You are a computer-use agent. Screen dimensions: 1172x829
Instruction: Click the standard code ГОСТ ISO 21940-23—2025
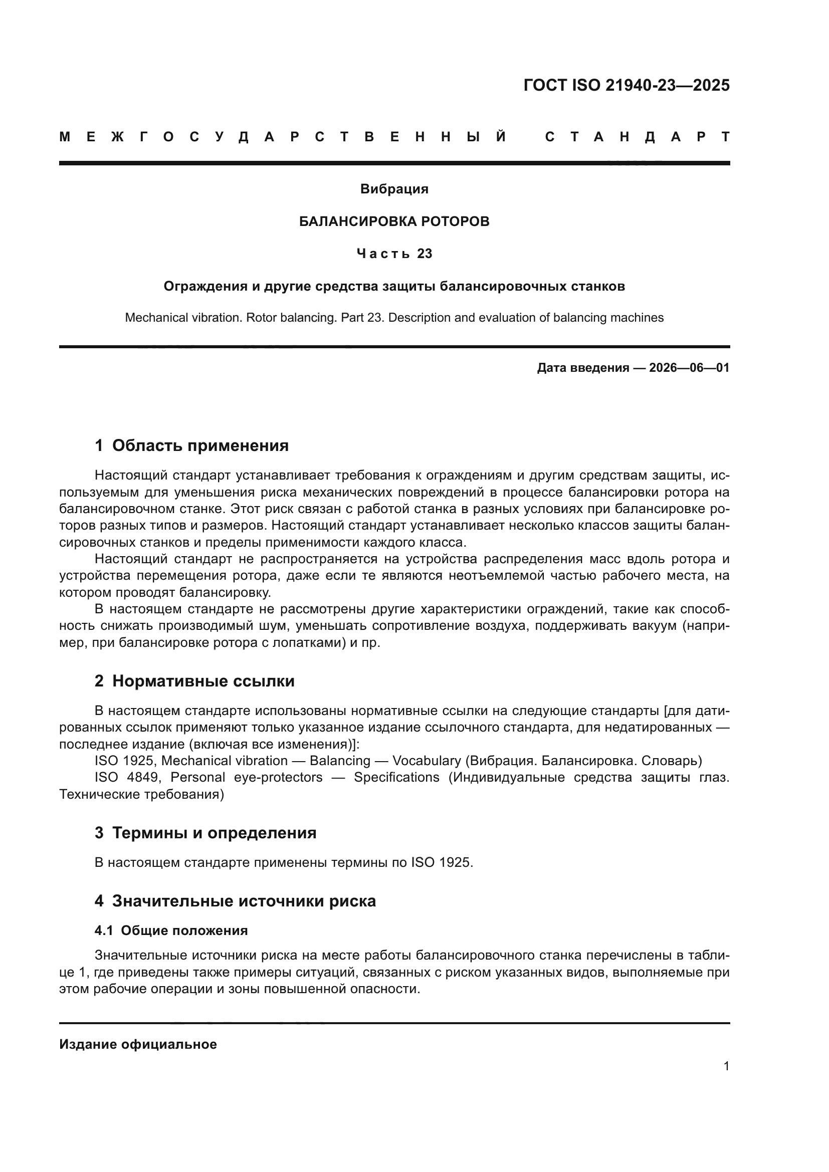pyautogui.click(x=627, y=85)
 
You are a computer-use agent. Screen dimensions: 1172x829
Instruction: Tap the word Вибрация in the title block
pyautogui.click(x=394, y=189)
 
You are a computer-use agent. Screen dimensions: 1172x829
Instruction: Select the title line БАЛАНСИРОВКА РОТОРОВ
pyautogui.click(x=394, y=221)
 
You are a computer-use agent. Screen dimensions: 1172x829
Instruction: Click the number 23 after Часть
pyautogui.click(x=425, y=254)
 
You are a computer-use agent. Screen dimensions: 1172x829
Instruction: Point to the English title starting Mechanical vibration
pyautogui.click(x=394, y=318)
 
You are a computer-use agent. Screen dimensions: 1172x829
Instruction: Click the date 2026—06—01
pyautogui.click(x=689, y=368)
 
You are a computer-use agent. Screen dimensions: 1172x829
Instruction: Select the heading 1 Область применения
pyautogui.click(x=192, y=445)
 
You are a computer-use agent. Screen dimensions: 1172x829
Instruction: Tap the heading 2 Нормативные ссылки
pyautogui.click(x=194, y=681)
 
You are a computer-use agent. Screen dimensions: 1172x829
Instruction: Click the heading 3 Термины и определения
pyautogui.click(x=205, y=833)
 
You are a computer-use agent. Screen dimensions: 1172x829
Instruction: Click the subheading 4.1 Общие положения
pyautogui.click(x=171, y=930)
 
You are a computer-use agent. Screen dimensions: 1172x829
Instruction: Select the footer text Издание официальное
pyautogui.click(x=138, y=1044)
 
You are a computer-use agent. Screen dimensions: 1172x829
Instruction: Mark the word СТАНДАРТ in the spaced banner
pyautogui.click(x=638, y=137)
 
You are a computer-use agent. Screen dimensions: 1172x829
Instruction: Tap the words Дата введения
pyautogui.click(x=582, y=368)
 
